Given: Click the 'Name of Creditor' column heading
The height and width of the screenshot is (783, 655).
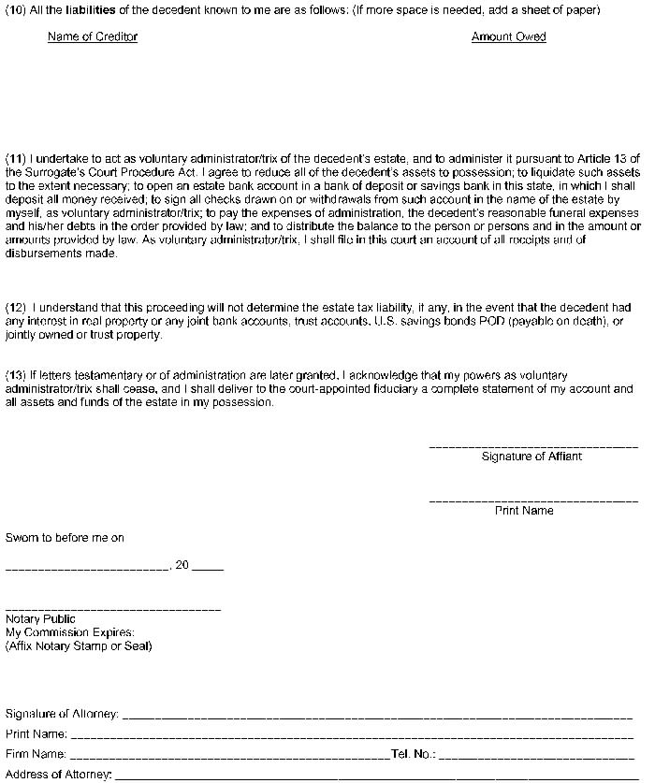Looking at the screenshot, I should point(93,36).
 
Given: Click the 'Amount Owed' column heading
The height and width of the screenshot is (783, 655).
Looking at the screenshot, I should point(508,36).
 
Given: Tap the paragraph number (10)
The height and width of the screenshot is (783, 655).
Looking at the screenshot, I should point(16,9).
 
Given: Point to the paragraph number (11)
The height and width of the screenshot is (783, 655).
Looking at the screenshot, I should point(16,159).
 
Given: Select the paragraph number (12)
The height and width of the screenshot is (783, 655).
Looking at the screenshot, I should point(16,307).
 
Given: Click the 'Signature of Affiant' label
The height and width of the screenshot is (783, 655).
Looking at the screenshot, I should point(531,457).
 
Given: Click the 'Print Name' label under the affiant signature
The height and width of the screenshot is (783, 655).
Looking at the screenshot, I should point(524,511).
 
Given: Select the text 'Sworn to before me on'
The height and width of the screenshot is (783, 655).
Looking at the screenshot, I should point(65,538).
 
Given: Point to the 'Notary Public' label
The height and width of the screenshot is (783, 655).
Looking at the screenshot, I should point(40,619).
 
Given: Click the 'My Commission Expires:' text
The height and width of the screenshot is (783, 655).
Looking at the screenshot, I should point(70,632).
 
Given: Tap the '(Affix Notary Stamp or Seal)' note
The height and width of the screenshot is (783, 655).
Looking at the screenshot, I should point(79,645).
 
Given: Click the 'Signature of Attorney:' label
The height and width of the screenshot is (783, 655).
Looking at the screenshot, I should point(62,714).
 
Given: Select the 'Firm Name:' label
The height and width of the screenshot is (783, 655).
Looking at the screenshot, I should point(36,753).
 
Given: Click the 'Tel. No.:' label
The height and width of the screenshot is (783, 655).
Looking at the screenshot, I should point(413,753).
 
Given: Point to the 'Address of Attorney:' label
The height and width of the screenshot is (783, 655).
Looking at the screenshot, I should point(58,774).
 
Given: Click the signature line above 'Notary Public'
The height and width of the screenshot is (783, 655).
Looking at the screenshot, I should point(113,610).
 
